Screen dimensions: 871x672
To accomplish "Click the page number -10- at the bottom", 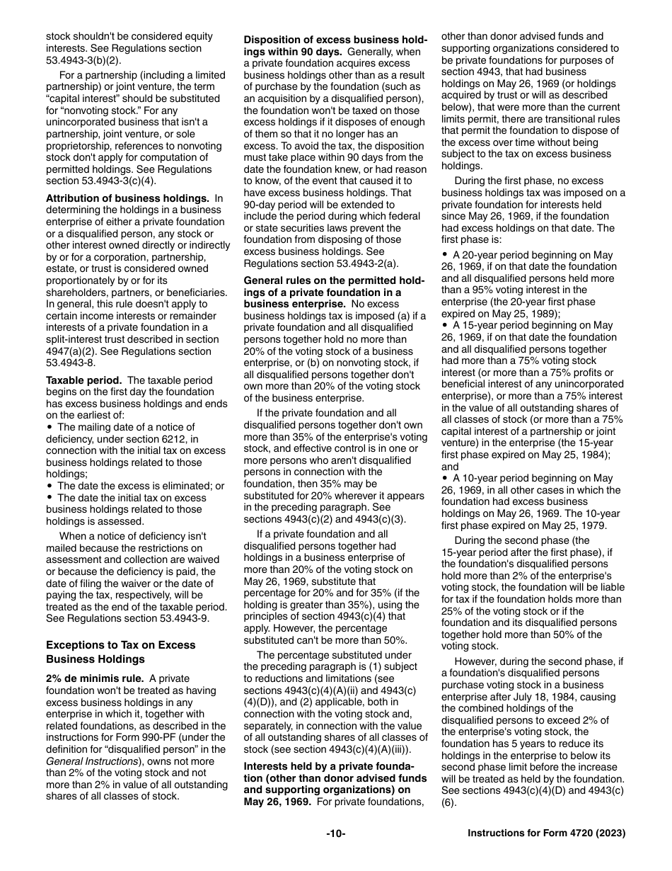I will tap(335, 834).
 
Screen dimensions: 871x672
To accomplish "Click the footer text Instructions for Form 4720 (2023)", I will tap(546, 834).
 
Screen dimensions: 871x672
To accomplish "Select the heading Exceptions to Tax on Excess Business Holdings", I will tap(120, 651).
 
